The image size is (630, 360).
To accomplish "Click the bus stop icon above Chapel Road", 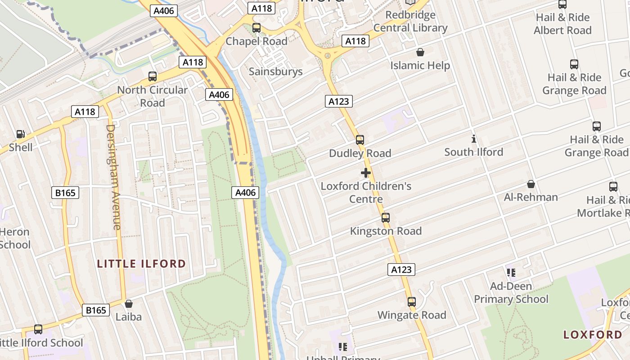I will click(256, 28).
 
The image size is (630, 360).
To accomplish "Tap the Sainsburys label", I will click(275, 71).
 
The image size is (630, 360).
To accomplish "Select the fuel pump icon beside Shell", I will click(20, 134).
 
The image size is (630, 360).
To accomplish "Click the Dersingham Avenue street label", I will click(113, 177).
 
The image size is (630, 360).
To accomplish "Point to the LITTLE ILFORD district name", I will click(141, 264).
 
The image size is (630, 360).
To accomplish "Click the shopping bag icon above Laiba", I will click(129, 304).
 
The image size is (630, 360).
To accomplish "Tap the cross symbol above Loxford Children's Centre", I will click(366, 173).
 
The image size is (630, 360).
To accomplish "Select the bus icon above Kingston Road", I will click(386, 218).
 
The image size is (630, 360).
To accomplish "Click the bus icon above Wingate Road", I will click(411, 302).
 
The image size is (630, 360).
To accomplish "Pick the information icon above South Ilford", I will click(473, 139).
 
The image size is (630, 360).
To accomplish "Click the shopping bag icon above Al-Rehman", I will click(531, 184).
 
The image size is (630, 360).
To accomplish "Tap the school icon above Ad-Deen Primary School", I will click(511, 272).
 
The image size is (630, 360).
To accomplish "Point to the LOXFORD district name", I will click(593, 334).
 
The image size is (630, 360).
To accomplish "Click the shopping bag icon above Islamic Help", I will click(420, 52).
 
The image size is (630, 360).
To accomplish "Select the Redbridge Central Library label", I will click(410, 21).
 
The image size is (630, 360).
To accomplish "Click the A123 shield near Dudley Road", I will click(338, 101).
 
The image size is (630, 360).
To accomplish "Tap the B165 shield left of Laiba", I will click(96, 310).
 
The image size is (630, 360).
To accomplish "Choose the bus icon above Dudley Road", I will click(360, 140).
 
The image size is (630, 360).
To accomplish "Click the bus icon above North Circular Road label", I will click(153, 76).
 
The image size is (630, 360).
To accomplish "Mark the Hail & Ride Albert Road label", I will click(562, 24).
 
